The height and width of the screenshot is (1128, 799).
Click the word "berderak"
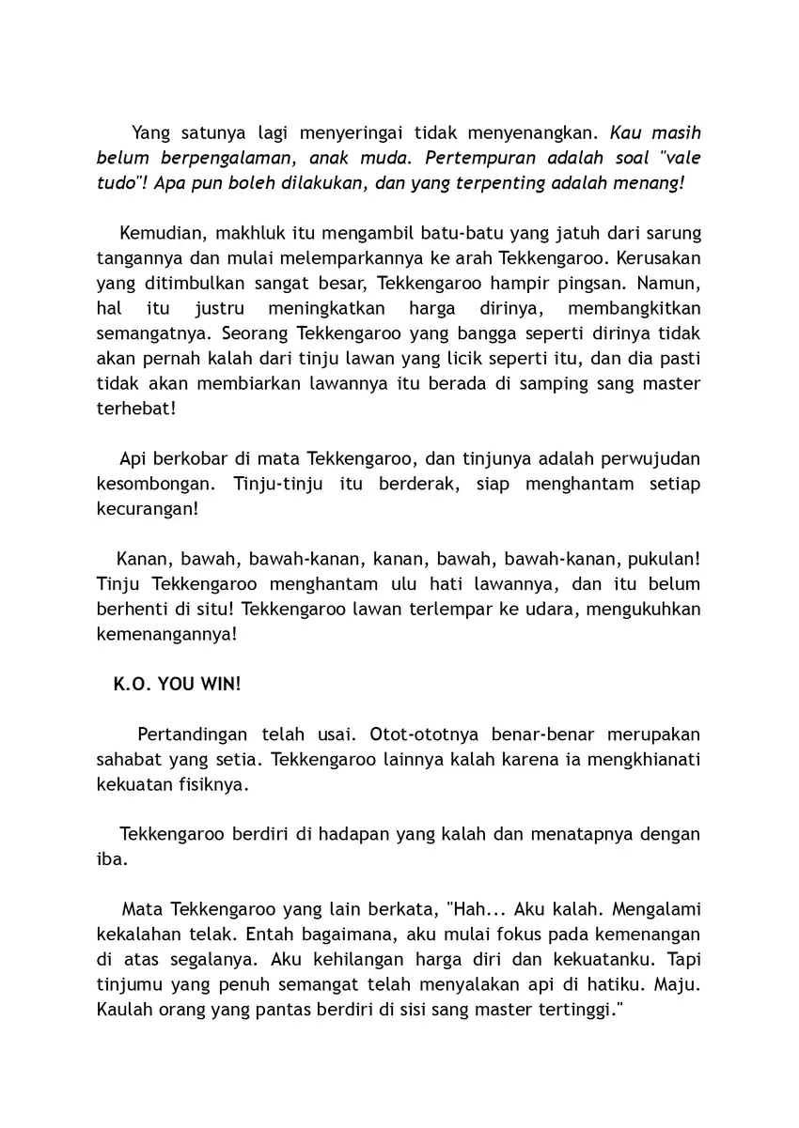pos(444,485)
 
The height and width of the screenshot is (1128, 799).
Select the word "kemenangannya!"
pos(166,635)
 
